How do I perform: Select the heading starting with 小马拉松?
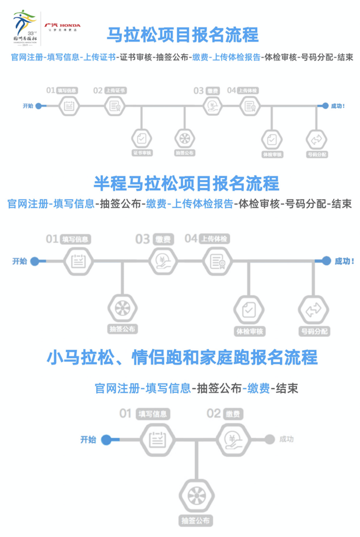point(182,359)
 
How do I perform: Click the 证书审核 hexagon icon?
point(141,138)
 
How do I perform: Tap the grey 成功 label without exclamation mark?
point(286,439)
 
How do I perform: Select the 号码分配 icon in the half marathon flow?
point(314,310)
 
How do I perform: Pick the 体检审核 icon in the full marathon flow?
point(272,139)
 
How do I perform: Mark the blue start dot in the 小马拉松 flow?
point(106,439)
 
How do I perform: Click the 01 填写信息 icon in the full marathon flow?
point(69,106)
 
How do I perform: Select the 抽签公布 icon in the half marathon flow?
point(122,308)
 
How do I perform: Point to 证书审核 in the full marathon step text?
point(136,57)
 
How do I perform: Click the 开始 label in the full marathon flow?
point(28,105)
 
